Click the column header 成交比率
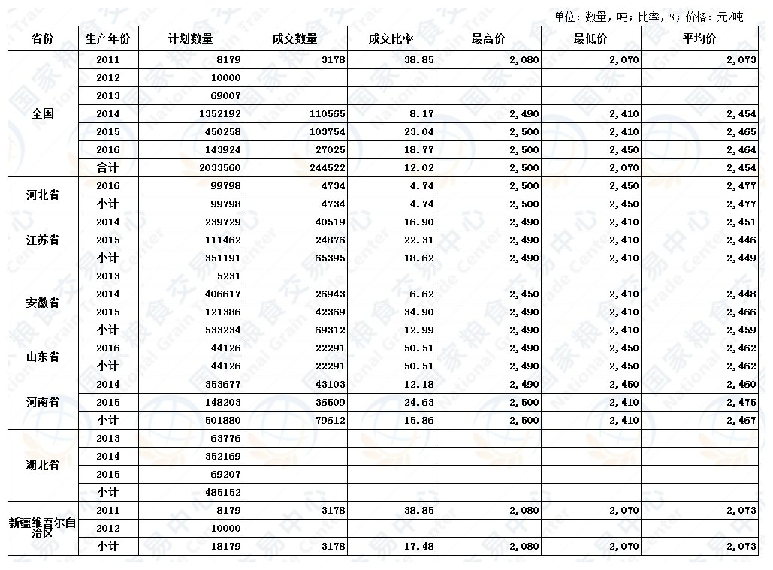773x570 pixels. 391,39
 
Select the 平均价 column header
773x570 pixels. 699,39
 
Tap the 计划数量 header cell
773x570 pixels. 191,39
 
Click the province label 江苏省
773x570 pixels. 43,240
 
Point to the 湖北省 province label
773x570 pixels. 43,466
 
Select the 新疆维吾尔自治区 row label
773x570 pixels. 43,528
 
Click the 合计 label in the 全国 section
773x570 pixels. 108,168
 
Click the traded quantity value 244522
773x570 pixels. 327,168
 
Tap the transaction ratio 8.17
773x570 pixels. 421,114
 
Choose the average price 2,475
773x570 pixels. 741,403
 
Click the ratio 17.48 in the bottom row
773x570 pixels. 418,547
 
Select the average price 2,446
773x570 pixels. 741,240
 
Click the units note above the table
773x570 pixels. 648,17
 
